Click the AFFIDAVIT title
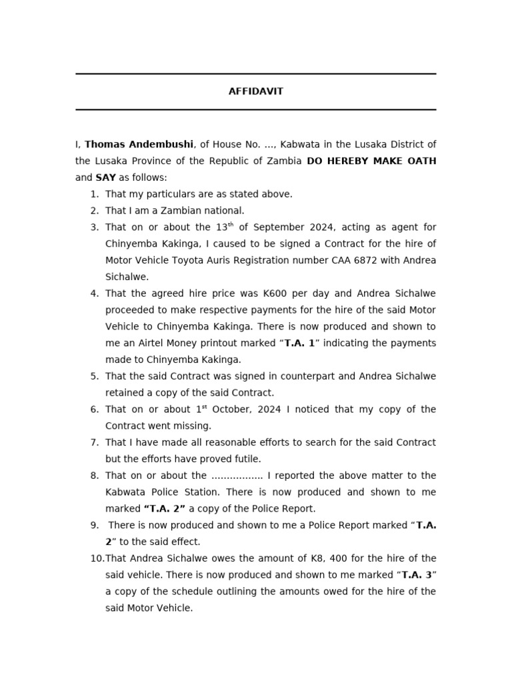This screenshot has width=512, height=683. (x=255, y=91)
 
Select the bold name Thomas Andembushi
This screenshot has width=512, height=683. (x=139, y=145)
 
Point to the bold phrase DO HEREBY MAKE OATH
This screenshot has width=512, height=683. (x=371, y=161)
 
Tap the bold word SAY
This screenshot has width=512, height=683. (x=105, y=178)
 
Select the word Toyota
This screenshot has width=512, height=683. (x=181, y=260)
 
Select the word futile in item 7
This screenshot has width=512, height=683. (x=248, y=459)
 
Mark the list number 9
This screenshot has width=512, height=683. (x=94, y=526)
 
